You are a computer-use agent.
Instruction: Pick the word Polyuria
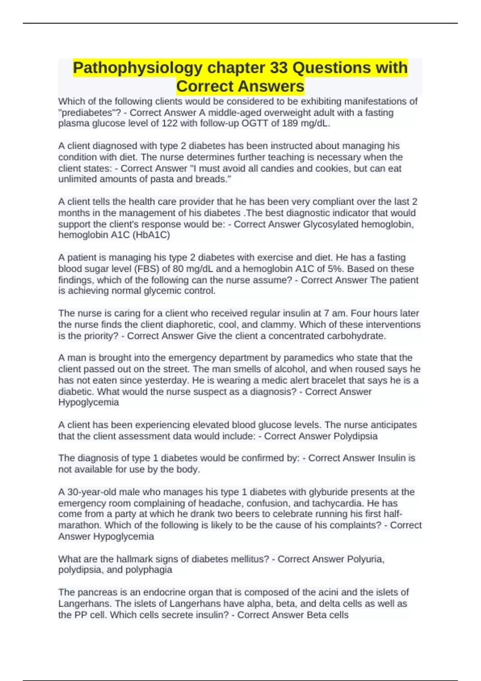[x=366, y=559]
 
